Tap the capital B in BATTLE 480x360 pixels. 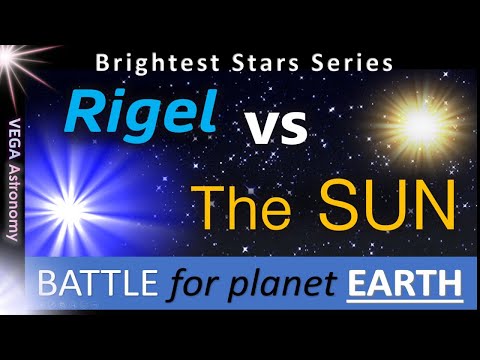[46, 284]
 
